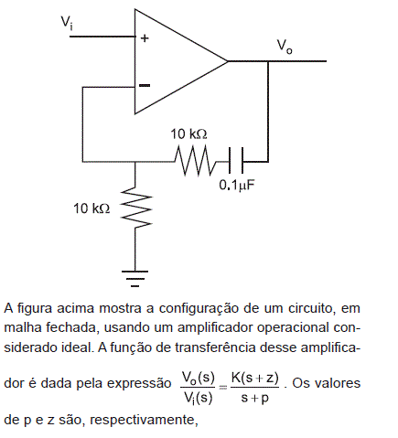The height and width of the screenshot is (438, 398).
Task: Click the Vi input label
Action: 67,23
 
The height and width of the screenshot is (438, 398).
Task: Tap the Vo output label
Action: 285,48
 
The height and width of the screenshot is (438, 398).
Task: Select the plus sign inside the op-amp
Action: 145,38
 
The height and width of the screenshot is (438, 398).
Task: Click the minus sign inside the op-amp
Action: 145,85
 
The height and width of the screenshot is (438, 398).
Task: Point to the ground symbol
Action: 134,278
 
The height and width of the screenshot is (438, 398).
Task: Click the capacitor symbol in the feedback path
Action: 236,160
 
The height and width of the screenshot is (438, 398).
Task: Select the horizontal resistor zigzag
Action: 195,161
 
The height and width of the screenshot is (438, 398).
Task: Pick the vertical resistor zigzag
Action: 135,208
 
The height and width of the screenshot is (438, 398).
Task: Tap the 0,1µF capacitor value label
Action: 237,186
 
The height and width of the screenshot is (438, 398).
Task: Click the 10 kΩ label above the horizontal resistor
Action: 188,134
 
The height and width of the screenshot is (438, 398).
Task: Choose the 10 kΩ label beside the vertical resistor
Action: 91,208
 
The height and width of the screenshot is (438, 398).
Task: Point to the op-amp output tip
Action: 228,61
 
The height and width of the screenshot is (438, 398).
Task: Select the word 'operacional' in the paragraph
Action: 293,328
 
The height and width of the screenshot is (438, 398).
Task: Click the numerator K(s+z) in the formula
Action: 254,378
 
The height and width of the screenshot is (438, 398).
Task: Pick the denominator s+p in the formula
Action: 255,398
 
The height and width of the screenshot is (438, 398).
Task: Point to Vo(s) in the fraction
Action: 199,378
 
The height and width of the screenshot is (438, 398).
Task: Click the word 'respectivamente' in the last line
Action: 144,421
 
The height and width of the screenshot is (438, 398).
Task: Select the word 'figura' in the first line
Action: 35,308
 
